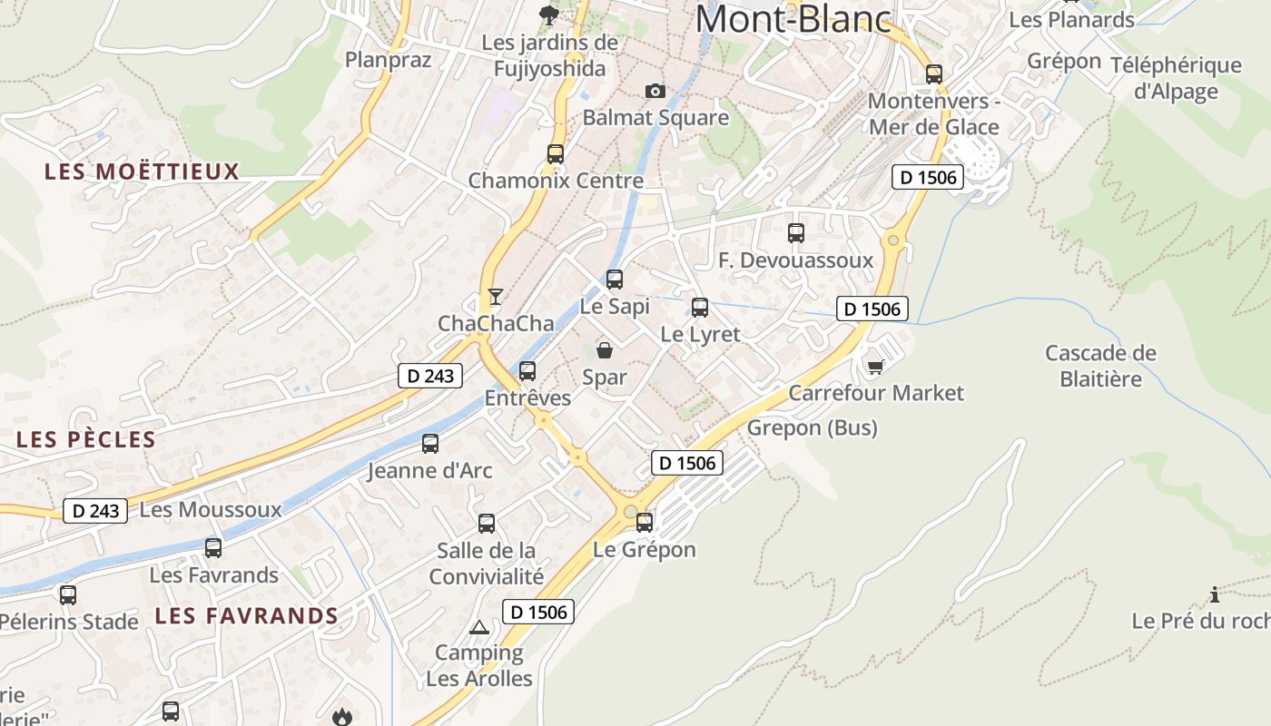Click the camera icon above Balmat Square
click(x=655, y=91)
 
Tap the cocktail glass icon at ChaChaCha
click(x=495, y=297)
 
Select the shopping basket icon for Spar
click(x=605, y=350)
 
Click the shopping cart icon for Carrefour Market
click(x=875, y=367)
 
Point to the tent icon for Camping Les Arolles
click(x=478, y=627)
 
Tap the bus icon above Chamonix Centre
click(x=556, y=154)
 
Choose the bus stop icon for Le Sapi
click(x=615, y=280)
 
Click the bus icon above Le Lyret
click(x=700, y=308)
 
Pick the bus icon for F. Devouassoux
click(x=796, y=233)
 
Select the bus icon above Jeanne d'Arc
click(x=430, y=444)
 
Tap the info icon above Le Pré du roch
click(x=1215, y=595)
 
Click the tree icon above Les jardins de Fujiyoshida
click(x=548, y=14)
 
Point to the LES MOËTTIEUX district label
click(x=142, y=172)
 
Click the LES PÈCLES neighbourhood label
click(x=86, y=440)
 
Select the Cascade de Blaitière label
click(x=1100, y=365)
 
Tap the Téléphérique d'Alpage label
click(x=1176, y=78)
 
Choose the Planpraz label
click(x=388, y=59)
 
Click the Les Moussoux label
click(x=211, y=509)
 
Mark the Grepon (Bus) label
click(x=813, y=427)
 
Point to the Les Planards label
click(x=1071, y=19)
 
